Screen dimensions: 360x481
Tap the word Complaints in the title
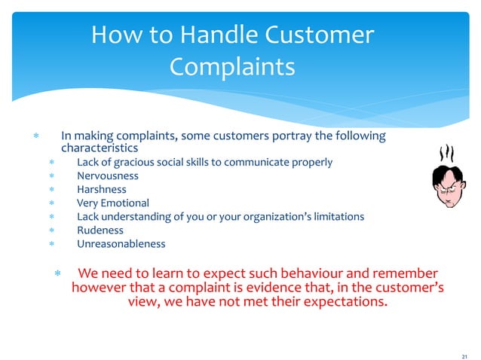[232, 67]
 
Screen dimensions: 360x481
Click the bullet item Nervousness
[108, 175]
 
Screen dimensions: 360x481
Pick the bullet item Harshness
[102, 189]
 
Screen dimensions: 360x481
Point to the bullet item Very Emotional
[113, 203]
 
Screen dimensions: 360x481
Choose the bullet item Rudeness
[100, 230]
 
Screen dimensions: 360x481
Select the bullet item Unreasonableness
[121, 243]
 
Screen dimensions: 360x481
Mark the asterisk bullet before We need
[57, 273]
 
